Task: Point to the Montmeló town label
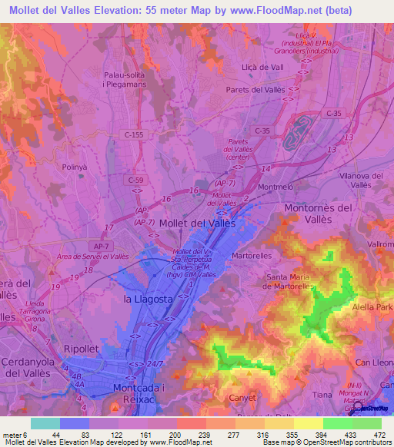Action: (259, 187)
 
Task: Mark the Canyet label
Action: (243, 397)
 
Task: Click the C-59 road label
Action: (136, 179)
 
